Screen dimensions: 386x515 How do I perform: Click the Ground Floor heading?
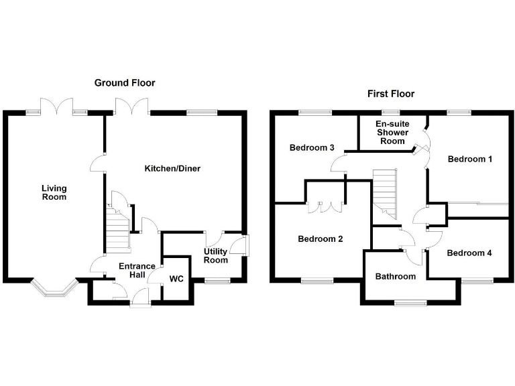tap(125, 83)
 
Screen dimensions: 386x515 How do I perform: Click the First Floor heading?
tap(391, 94)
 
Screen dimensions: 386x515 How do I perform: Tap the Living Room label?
tap(54, 193)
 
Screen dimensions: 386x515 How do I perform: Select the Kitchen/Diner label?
tap(172, 168)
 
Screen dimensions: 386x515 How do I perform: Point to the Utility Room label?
tap(216, 255)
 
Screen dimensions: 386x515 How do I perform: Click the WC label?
tap(177, 278)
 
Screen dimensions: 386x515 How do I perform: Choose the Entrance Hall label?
tap(137, 271)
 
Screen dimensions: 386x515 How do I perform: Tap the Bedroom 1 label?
tap(470, 159)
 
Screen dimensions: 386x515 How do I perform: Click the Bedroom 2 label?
tap(321, 239)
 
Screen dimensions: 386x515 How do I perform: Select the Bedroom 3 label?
tap(312, 147)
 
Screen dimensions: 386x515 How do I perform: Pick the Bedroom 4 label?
tap(469, 253)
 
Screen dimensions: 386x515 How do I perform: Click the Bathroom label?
tap(396, 276)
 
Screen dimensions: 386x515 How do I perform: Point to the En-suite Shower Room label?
tap(392, 133)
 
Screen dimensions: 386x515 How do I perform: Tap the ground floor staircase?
tap(118, 228)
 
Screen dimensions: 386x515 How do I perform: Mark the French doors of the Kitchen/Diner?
tap(131, 105)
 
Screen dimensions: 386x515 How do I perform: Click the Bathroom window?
tap(410, 302)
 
